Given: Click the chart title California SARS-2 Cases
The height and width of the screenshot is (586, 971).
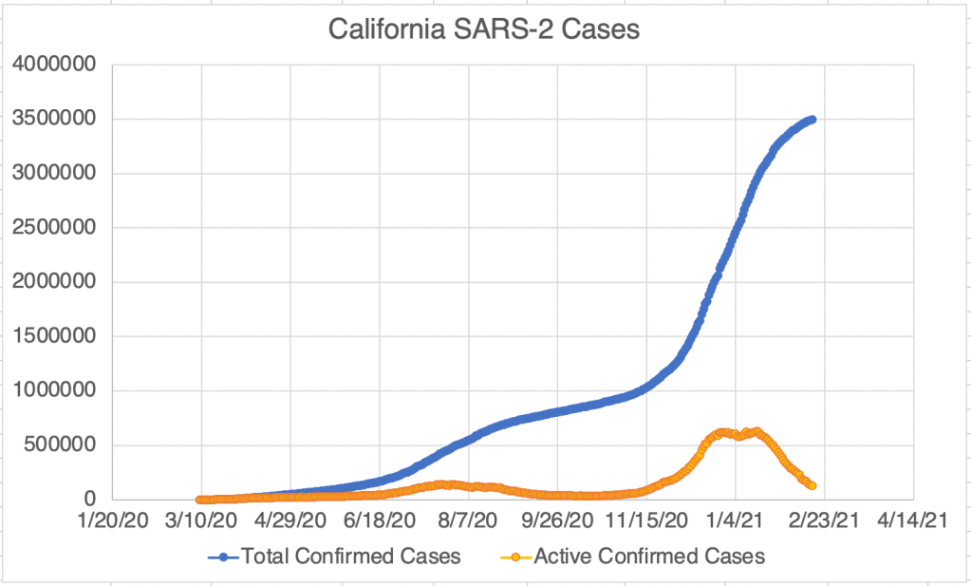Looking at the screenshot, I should pyautogui.click(x=484, y=29).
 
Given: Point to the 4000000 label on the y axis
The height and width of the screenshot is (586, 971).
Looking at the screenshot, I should pyautogui.click(x=56, y=65).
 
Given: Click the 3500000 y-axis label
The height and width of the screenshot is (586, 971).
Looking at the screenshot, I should pyautogui.click(x=56, y=119).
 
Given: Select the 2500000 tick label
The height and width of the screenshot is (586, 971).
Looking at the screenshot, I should pyautogui.click(x=56, y=228).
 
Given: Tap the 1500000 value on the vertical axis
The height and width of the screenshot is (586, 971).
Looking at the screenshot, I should pyautogui.click(x=56, y=336).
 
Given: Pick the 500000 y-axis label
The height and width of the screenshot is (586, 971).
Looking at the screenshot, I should pyautogui.click(x=62, y=445).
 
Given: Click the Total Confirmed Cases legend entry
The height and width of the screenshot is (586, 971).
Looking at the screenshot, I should pyautogui.click(x=350, y=558).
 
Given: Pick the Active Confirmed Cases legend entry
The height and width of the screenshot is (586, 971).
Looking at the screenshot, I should pyautogui.click(x=649, y=558).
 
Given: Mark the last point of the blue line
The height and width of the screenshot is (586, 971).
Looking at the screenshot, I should pyautogui.click(x=812, y=120).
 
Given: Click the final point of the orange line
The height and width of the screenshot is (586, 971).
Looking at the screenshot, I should pyautogui.click(x=812, y=485).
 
